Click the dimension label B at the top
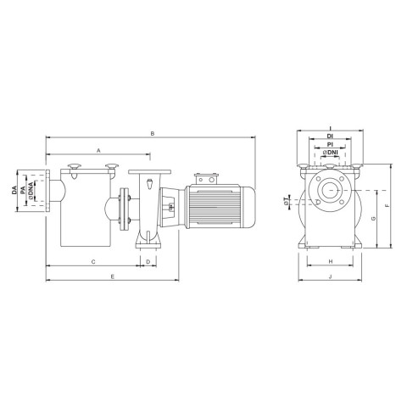(x=153, y=133)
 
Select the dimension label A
(x=98, y=151)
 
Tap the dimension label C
(x=93, y=262)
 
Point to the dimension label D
(x=148, y=262)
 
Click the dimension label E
(x=113, y=276)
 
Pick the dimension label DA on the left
(x=14, y=190)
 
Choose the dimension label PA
(x=24, y=190)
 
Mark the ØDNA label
(x=31, y=190)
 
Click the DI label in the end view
(x=330, y=137)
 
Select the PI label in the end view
(x=330, y=144)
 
